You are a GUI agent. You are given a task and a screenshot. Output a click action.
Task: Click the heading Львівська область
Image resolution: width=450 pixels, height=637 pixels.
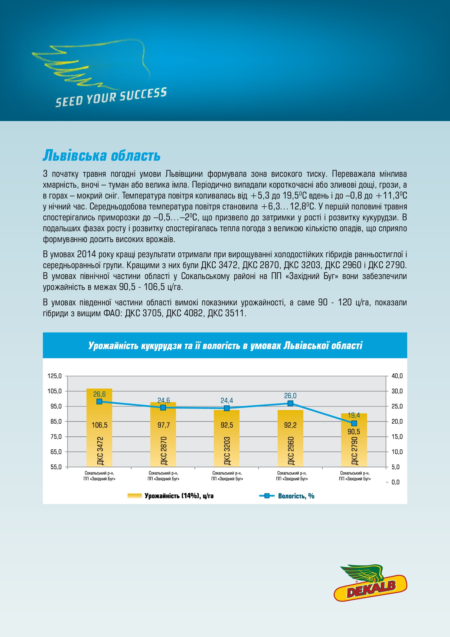102,156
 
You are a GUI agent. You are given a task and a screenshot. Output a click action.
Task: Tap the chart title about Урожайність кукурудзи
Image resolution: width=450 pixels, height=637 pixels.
225,346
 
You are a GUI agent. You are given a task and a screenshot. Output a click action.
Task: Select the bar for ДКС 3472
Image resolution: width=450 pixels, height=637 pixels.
99,428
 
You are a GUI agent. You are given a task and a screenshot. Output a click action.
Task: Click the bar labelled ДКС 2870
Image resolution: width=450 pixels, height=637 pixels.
163,435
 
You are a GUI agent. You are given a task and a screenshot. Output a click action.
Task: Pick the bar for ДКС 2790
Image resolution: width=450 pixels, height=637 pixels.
354,440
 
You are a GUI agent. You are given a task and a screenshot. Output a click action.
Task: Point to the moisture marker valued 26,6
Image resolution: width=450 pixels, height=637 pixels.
99,402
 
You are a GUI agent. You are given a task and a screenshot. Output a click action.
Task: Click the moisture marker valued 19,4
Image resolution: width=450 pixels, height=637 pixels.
354,423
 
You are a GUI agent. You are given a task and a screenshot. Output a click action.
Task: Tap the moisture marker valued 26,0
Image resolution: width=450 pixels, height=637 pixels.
290,403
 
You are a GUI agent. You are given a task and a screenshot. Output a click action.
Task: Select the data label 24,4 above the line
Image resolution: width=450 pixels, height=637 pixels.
227,401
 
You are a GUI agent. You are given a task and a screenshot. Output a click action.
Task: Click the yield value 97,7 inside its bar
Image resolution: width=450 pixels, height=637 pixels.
164,425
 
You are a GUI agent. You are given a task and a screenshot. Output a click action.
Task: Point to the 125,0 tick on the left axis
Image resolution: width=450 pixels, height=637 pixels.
55,376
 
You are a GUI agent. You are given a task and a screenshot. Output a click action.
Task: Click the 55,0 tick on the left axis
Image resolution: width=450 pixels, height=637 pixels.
56,467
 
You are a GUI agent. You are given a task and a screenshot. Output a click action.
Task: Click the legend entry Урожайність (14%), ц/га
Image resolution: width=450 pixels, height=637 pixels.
171,496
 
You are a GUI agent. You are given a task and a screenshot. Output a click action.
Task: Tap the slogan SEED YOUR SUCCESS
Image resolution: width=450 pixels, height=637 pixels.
111,97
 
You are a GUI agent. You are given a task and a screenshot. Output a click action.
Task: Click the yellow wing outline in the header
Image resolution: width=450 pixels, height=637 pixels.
91,64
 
